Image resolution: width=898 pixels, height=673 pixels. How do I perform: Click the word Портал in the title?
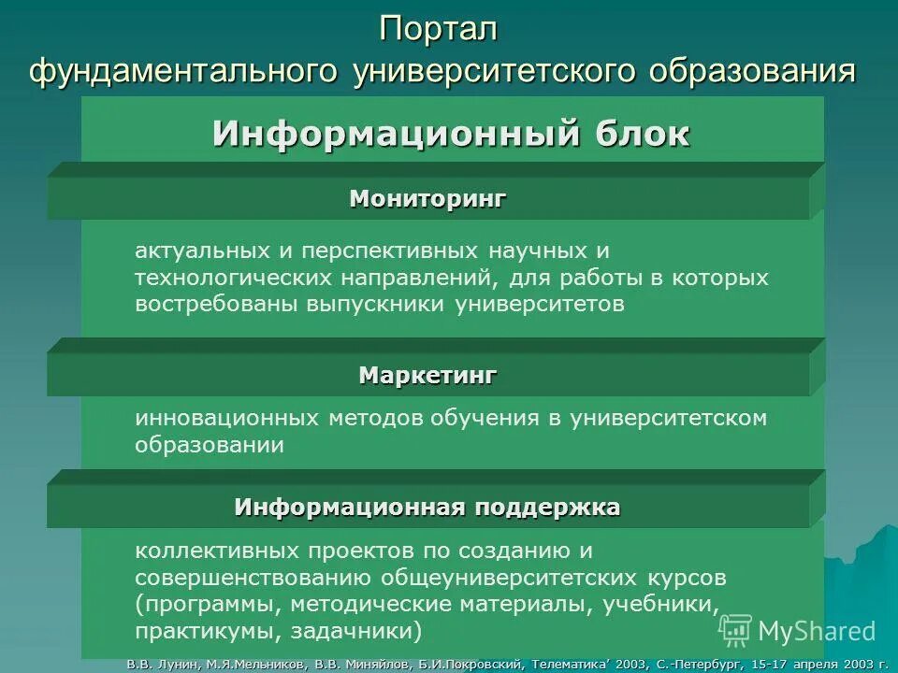pos(439,30)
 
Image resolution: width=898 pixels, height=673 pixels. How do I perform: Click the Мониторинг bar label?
pos(427,198)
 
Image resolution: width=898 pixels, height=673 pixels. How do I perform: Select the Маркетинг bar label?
pos(427,376)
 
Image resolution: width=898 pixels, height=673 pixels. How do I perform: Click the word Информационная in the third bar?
pos(349,508)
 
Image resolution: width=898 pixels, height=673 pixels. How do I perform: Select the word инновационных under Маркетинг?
pos(228,418)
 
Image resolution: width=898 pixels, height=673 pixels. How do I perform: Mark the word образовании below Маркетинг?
pos(209,445)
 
